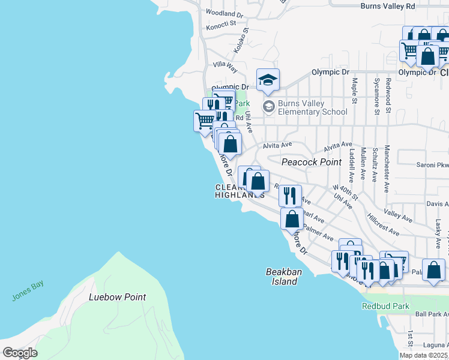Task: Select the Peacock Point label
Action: click(312, 162)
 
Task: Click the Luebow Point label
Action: click(118, 297)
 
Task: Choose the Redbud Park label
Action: click(386, 306)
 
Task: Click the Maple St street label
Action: click(355, 90)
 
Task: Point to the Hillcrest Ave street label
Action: click(384, 224)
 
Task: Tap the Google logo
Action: click(20, 353)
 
